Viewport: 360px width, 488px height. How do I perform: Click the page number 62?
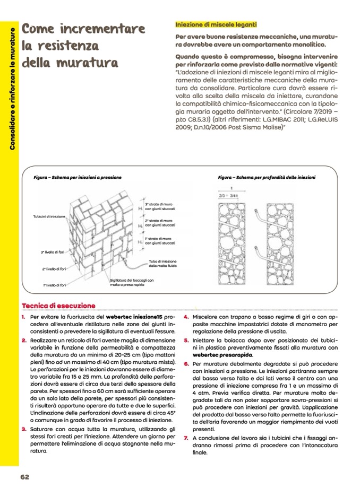tap(24, 476)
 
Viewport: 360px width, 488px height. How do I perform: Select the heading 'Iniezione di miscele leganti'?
tap(216, 25)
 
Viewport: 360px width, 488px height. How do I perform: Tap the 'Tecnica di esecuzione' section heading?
tap(58, 306)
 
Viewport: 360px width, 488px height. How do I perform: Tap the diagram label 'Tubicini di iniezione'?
tap(49, 216)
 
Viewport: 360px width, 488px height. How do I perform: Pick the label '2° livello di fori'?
tap(55, 269)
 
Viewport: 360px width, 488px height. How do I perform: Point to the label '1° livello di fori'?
tap(55, 285)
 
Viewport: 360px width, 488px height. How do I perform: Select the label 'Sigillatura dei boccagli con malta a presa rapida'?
tap(132, 282)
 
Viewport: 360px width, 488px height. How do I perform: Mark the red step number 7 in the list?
tap(186, 438)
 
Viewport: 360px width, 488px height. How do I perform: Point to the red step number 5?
tap(186, 339)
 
